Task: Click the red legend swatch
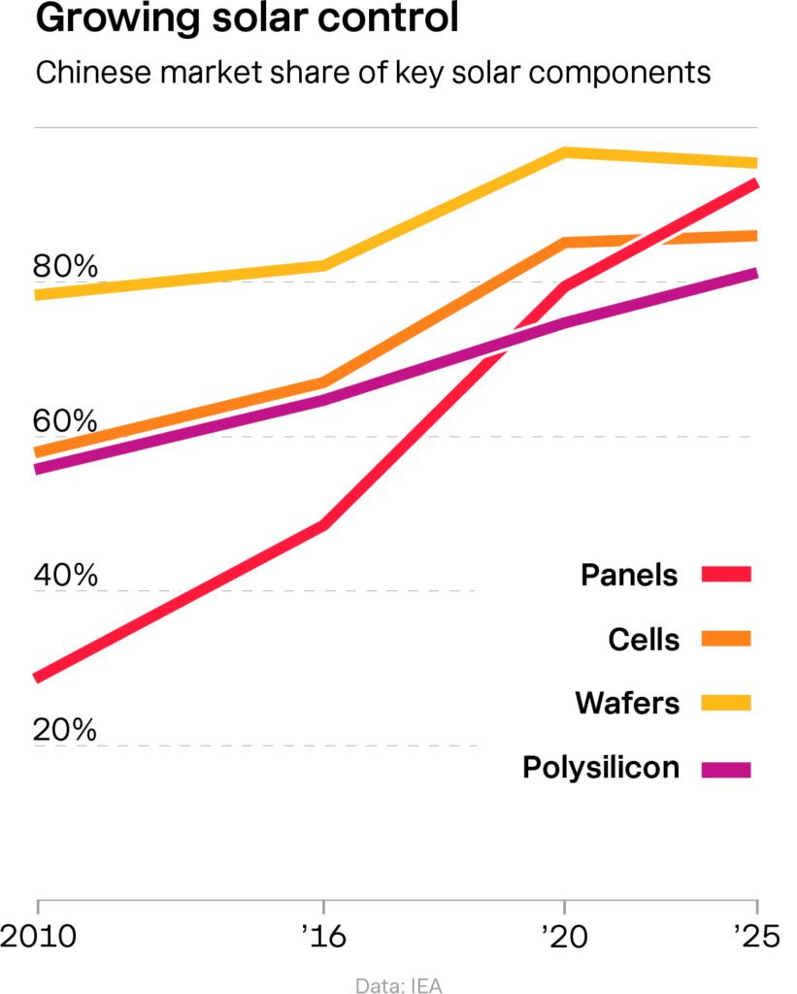point(726,574)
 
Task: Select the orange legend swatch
point(726,638)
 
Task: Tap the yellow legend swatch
point(726,702)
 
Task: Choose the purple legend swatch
point(726,771)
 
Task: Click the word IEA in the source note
point(427,985)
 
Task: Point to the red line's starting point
point(37,676)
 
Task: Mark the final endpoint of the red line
point(756,183)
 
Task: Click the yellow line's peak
point(565,151)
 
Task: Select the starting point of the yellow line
point(37,294)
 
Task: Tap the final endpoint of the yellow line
point(756,163)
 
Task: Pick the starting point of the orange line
point(37,451)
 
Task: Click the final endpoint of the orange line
point(756,235)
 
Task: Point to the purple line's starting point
point(37,469)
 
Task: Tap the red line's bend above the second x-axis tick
point(322,525)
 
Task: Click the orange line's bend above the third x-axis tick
point(565,242)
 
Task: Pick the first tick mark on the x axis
point(38,907)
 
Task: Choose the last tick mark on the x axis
point(756,907)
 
